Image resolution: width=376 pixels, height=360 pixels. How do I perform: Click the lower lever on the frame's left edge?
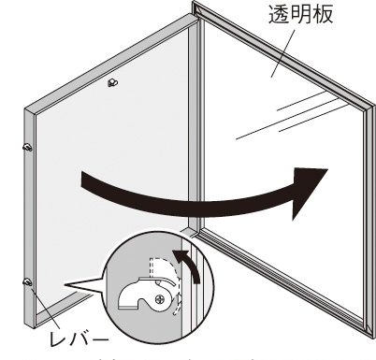tap(27, 281)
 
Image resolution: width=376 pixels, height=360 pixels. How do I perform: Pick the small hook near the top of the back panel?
tap(112, 83)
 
